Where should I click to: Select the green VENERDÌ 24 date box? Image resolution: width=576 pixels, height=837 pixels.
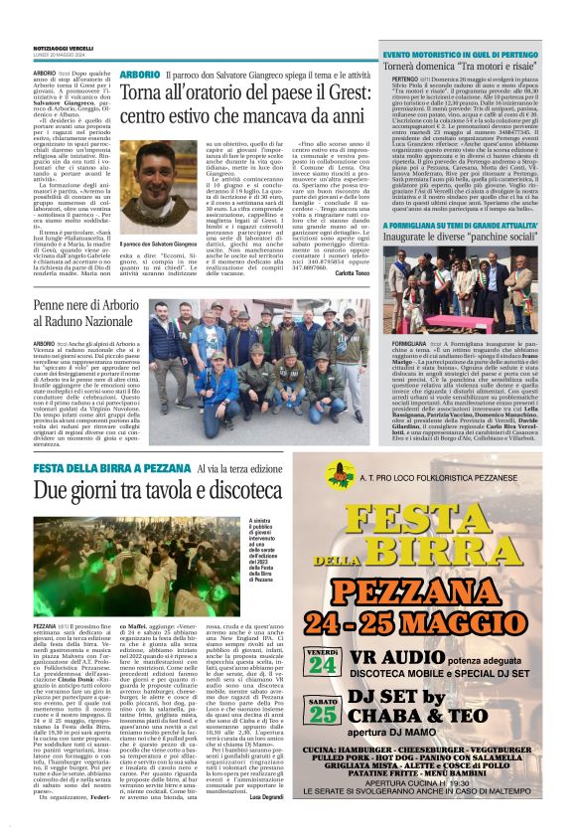350,659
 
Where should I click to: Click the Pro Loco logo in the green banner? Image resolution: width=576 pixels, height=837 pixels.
341,475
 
